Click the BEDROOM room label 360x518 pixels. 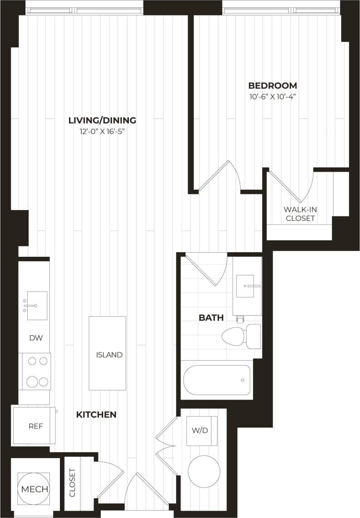pos(272,85)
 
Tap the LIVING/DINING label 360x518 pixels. pos(102,120)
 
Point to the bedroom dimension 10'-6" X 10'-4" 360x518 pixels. pos(272,97)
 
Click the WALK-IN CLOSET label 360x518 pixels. pos(299,214)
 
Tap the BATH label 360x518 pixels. pos(211,318)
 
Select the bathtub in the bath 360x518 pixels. pos(217,380)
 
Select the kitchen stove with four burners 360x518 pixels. pos(36,371)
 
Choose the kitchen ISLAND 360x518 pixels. pos(108,353)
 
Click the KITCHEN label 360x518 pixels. pos(96,414)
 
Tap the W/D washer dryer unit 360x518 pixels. pos(202,430)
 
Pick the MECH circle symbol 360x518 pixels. pos(35,489)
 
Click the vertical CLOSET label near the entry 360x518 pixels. pos(73,483)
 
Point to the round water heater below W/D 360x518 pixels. pos(204,471)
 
